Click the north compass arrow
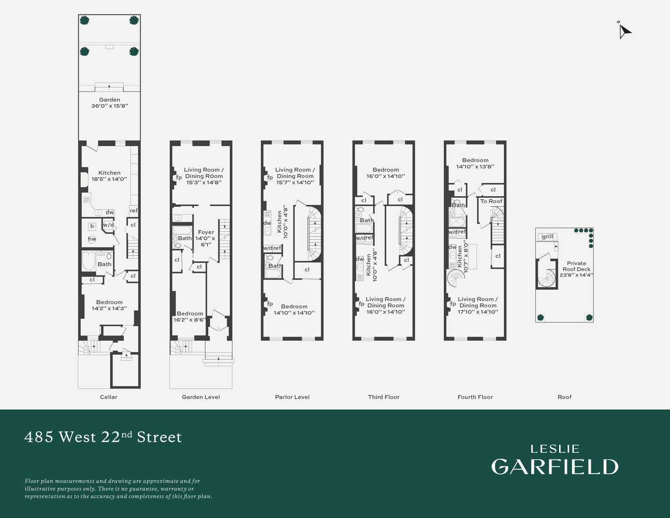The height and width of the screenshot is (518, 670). coord(624,31)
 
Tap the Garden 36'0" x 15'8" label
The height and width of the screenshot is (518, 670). coord(109,103)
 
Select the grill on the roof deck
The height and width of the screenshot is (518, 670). coord(547,237)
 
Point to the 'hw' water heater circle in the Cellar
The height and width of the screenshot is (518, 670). coord(92,239)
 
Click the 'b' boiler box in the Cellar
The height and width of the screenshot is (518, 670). coord(92,226)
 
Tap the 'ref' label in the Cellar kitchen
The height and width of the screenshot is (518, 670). coord(134,210)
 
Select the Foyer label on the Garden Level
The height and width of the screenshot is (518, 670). coord(206,238)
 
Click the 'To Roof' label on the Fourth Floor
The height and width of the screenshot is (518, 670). coord(491,201)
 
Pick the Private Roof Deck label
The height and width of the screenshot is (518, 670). coord(576,269)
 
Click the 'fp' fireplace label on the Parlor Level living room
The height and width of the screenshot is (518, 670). coord(270,177)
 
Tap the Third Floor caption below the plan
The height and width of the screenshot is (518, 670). coord(384,397)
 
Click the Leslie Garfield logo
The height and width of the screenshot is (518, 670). coord(555,460)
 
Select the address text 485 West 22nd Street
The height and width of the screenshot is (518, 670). coord(103,437)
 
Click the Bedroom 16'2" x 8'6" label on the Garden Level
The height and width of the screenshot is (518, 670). coord(190,316)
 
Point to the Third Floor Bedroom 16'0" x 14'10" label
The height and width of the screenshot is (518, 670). coord(386,172)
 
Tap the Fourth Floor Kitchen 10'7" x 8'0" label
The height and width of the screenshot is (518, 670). coord(462,257)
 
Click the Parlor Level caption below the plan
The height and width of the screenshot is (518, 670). coord(292,397)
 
